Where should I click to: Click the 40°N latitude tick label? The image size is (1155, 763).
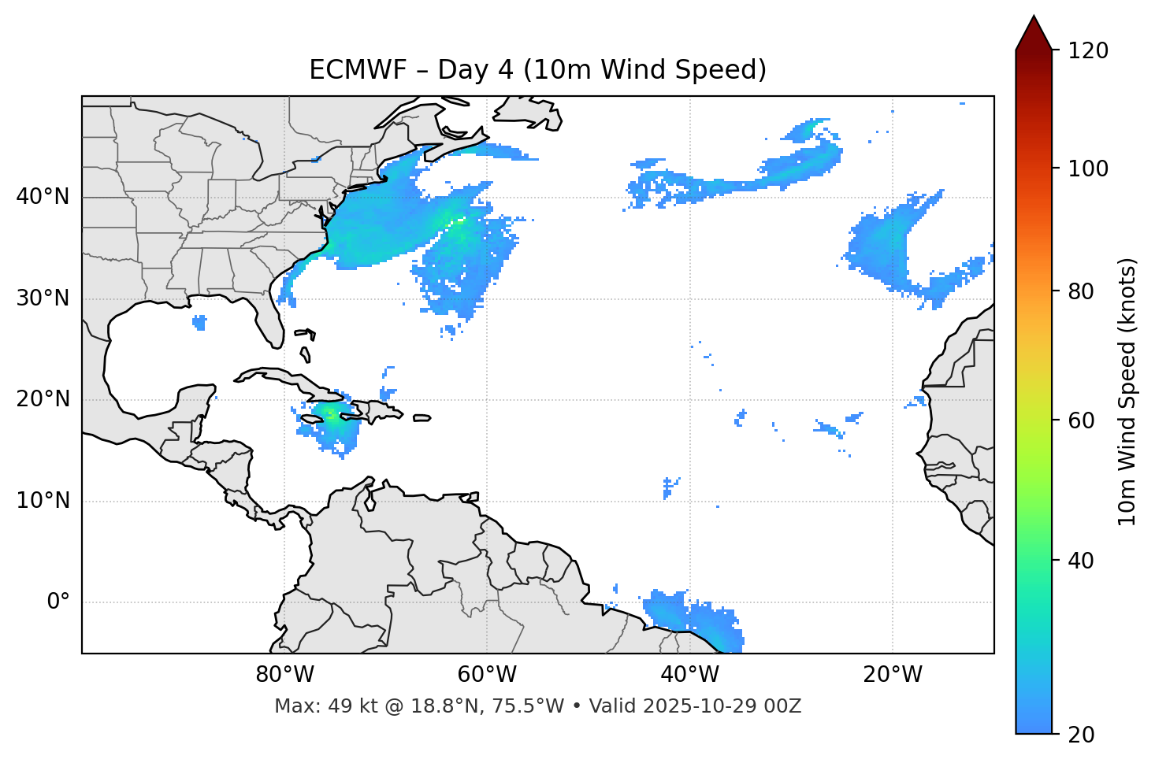coord(43,197)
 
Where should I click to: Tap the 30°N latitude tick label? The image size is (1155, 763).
coord(43,298)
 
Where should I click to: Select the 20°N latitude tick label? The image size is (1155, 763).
coord(43,399)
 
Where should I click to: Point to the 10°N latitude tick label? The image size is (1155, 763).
coord(43,501)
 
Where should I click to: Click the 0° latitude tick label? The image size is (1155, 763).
coord(58,602)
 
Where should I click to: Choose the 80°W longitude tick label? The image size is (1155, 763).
coord(284,675)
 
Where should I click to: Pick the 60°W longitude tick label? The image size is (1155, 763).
coord(487,675)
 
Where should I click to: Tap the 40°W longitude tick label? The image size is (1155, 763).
coord(690,675)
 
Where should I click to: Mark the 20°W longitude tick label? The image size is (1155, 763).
coord(893,675)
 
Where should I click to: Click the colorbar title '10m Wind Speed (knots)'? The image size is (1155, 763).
coord(1128,391)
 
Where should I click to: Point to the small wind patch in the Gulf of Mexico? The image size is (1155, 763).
coord(199,321)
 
